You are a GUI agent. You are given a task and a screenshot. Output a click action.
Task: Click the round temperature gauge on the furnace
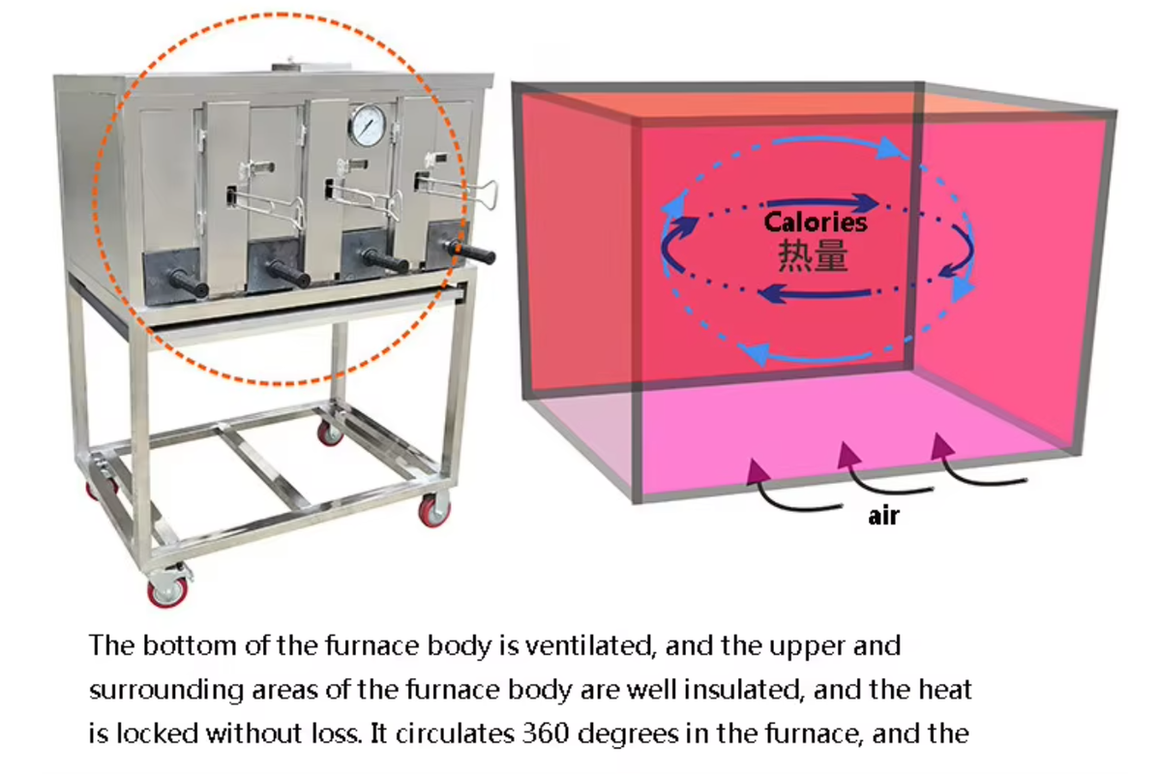tap(369, 126)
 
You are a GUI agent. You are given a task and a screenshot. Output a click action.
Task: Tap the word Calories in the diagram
tap(816, 223)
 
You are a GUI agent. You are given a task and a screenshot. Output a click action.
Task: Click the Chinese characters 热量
tap(813, 255)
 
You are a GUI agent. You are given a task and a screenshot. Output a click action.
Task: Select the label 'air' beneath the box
tap(883, 516)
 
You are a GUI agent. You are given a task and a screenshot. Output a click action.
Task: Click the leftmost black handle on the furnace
tap(189, 282)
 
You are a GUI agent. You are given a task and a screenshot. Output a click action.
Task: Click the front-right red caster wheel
tap(434, 510)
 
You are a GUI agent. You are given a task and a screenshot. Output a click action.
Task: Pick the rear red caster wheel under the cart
tap(330, 433)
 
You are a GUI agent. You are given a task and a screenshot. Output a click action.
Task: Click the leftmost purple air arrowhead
tap(757, 470)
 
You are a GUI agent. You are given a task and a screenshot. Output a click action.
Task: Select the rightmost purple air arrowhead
tap(941, 446)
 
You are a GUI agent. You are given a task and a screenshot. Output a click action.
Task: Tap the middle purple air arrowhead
tap(848, 454)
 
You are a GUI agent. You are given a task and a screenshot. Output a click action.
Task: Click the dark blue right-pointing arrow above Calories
tap(822, 202)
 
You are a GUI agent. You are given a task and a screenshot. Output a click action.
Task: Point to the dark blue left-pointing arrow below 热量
tap(814, 293)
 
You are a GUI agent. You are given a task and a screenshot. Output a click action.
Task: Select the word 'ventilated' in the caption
tap(590, 645)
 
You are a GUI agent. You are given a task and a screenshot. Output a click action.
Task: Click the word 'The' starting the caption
tap(112, 645)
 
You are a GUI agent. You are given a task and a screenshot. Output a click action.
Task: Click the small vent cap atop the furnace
tap(311, 67)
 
